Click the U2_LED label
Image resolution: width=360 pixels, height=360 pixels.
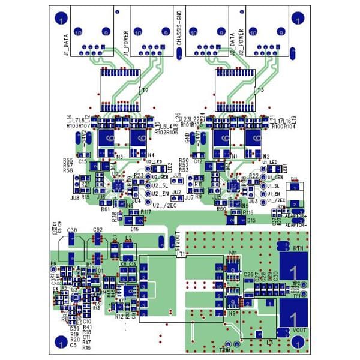coord(155,162)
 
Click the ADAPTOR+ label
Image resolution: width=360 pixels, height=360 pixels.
coord(295,215)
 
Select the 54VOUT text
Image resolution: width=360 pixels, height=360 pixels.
coord(178,240)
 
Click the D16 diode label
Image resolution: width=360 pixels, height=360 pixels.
coord(134,229)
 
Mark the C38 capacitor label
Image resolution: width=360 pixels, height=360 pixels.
coord(72,230)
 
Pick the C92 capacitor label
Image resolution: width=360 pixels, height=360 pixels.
coord(98,230)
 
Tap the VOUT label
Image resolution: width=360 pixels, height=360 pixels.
coord(298,331)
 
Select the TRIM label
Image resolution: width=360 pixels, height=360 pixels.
coord(226,349)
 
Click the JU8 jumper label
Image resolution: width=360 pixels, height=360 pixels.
coord(74,197)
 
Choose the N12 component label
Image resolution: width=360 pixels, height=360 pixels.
coord(118,316)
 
